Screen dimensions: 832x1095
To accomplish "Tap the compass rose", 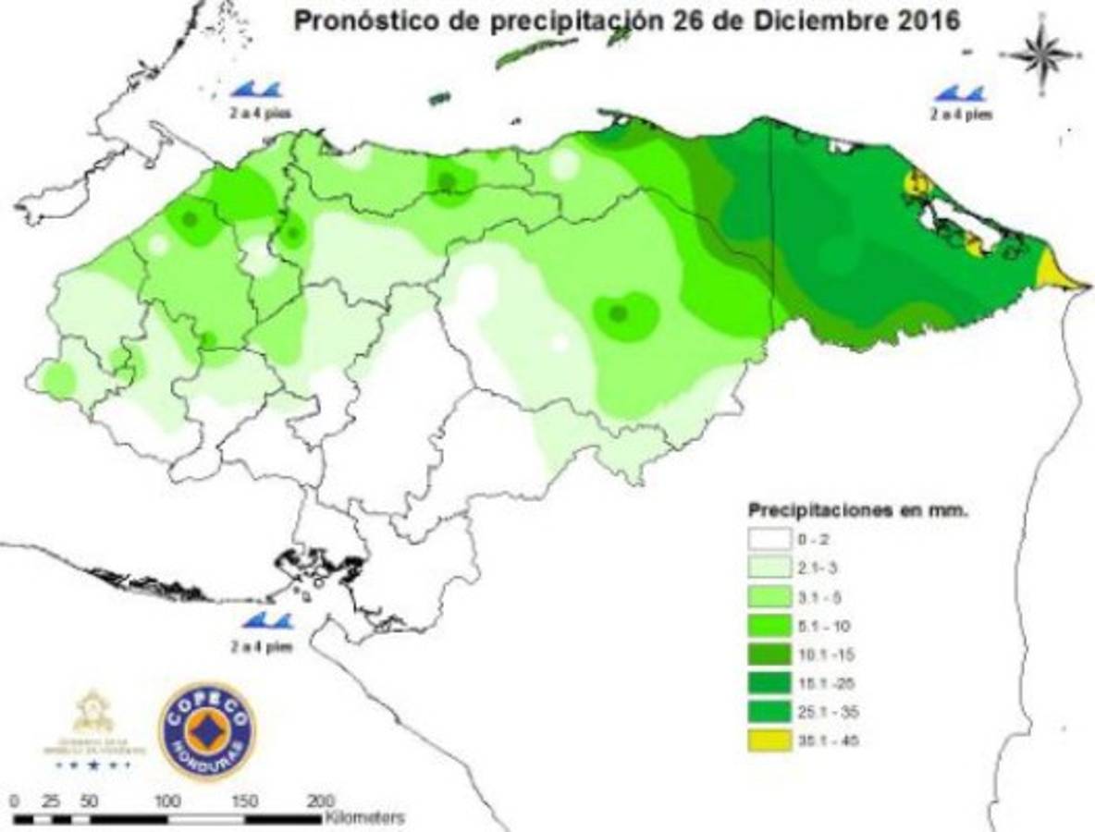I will pos(1043,55).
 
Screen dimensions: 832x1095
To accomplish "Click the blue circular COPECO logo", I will pos(206,731).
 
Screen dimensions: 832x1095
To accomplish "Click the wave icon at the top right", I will pos(960,93).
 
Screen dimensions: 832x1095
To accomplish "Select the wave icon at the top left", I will pos(254,90).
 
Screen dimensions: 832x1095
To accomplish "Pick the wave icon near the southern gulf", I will pos(266,621).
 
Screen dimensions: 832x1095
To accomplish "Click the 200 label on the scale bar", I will pos(320,800).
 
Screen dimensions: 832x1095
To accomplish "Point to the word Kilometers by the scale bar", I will pos(364,818).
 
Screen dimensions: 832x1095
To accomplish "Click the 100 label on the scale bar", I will pos(166,800).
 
